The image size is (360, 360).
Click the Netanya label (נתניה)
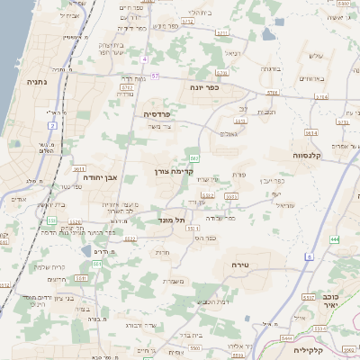pos(37,81)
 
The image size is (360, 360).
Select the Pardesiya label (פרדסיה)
pos(163,115)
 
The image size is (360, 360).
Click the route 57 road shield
pos(155,76)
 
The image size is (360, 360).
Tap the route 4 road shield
pos(143,58)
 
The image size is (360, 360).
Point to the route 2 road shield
pos(53,125)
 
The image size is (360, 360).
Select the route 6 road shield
pos(308,257)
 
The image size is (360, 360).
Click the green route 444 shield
pos(335,238)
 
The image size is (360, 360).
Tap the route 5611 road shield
pos(79,167)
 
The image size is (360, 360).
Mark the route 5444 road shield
pos(286,337)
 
